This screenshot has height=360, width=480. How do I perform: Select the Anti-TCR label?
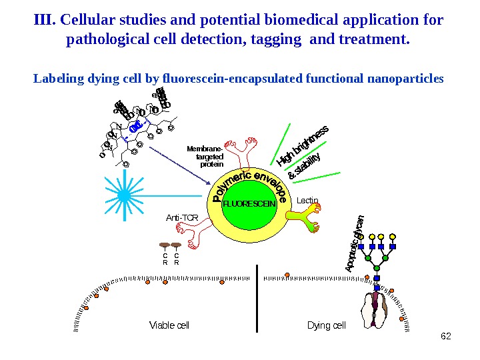(182, 217)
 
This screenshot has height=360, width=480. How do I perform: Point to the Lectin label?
(308, 199)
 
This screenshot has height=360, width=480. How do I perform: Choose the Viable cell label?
(169, 325)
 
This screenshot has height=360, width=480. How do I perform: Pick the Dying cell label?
(326, 325)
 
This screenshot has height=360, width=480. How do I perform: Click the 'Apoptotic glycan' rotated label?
(354, 243)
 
